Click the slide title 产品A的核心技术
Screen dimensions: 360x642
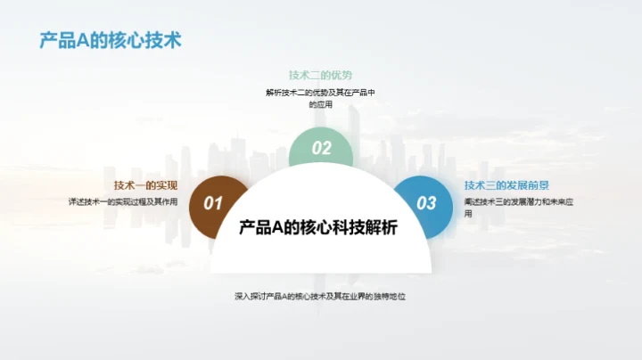tap(111, 41)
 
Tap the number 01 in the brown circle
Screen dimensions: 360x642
tap(212, 203)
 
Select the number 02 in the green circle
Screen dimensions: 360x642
tap(322, 149)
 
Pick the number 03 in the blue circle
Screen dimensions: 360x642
tap(427, 203)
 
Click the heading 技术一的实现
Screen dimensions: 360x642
tap(145, 185)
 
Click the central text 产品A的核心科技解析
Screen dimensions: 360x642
tap(319, 227)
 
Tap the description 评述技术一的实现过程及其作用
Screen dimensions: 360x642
tap(123, 202)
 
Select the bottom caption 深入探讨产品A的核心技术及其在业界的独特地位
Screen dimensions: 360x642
tap(320, 295)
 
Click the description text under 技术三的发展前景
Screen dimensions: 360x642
tap(505, 208)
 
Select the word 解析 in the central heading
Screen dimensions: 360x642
tap(383, 227)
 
